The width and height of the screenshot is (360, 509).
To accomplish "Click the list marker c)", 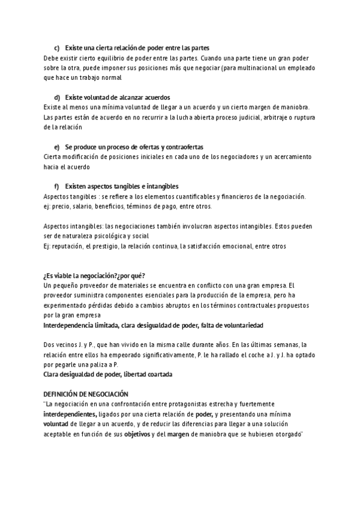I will tap(57, 48).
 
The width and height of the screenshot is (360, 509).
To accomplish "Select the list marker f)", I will tap(57, 186).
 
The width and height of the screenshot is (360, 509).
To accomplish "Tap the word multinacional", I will tap(262, 68).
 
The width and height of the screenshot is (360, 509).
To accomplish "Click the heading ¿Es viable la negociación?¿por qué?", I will tap(95, 276).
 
